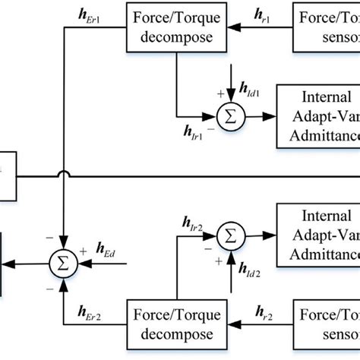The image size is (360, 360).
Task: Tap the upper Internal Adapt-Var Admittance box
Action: pyautogui.click(x=318, y=117)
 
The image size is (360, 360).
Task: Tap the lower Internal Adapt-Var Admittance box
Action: pyautogui.click(x=318, y=235)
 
